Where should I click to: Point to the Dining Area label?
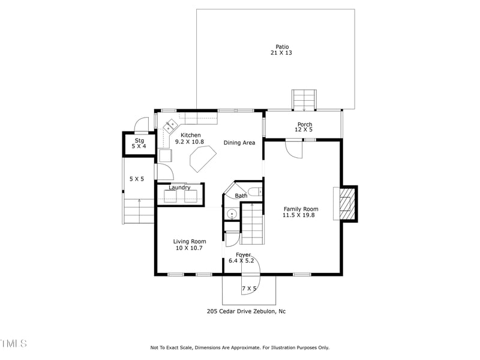tap(239, 143)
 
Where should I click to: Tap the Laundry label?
tap(179, 188)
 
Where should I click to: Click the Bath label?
tap(241, 196)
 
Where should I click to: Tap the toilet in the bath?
tap(254, 192)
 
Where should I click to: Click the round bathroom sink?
tap(230, 212)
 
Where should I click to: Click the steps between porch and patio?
tap(304, 100)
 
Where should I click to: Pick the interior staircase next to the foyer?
tap(251, 224)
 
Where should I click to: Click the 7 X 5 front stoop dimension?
tap(249, 289)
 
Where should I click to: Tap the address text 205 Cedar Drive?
tap(246, 311)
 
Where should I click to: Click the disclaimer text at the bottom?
tap(239, 347)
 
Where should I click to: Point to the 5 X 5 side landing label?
tap(137, 179)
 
